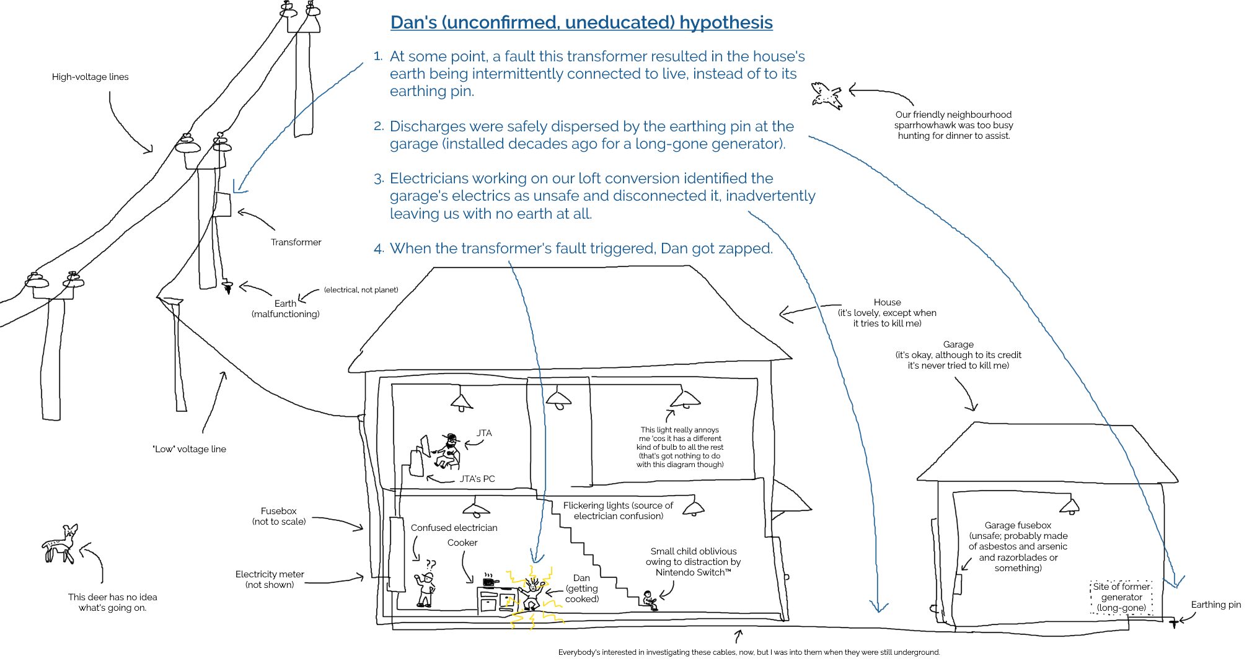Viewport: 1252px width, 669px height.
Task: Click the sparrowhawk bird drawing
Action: (827, 95)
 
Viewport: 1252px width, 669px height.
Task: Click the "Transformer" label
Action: (296, 242)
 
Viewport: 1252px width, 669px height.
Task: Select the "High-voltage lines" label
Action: (90, 77)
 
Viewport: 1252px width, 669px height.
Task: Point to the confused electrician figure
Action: (425, 589)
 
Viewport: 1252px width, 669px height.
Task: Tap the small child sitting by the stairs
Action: (650, 600)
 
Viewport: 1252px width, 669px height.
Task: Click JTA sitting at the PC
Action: (449, 451)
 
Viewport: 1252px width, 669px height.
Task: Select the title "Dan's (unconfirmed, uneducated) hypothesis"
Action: (581, 22)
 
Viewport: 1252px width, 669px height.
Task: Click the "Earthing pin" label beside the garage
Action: (1215, 605)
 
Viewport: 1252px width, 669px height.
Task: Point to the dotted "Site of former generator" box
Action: (1121, 597)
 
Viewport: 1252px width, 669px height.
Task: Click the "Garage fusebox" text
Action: (1018, 525)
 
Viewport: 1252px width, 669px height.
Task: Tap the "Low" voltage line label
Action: (189, 449)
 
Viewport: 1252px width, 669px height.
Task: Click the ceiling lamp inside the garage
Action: (1070, 507)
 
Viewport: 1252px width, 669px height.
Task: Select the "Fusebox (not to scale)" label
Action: (278, 516)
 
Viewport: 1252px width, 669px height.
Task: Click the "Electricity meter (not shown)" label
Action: (269, 579)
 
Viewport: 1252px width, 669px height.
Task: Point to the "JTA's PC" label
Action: (477, 479)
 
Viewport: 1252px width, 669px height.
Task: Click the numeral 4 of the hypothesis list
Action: (378, 249)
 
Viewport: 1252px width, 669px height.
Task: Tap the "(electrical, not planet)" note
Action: (361, 290)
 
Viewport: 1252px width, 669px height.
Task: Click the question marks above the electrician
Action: (430, 564)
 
